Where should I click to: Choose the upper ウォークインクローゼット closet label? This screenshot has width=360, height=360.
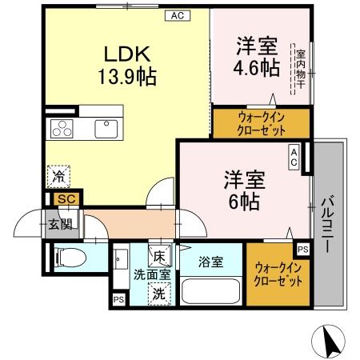tap(261, 123)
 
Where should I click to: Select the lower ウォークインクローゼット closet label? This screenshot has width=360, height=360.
tap(278, 274)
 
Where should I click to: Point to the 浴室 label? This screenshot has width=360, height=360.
tap(210, 261)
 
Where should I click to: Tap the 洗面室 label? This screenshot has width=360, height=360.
tap(151, 274)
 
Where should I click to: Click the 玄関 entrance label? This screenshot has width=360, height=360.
tap(54, 224)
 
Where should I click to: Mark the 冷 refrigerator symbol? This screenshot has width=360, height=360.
tap(58, 174)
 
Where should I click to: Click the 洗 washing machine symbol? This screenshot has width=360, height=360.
tap(159, 294)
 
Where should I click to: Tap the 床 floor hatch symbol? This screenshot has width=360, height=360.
tap(159, 257)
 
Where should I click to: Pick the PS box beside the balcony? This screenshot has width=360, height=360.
tap(302, 248)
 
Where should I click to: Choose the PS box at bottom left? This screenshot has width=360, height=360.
tap(118, 301)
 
